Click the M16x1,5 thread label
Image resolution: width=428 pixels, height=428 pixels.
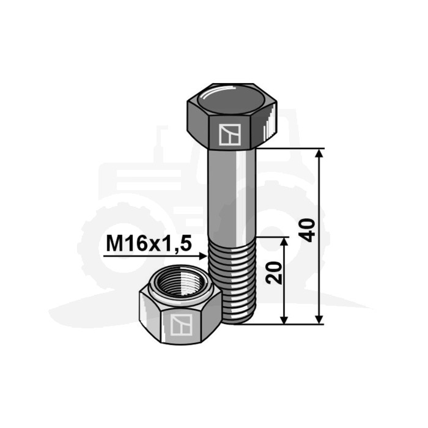(149, 244)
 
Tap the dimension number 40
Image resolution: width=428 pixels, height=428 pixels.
(308, 230)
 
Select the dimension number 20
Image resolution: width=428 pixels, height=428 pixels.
(274, 273)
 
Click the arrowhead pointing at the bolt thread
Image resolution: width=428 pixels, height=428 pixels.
(202, 256)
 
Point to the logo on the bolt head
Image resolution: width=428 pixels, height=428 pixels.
(230, 135)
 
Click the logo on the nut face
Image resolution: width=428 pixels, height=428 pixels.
(181, 325)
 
